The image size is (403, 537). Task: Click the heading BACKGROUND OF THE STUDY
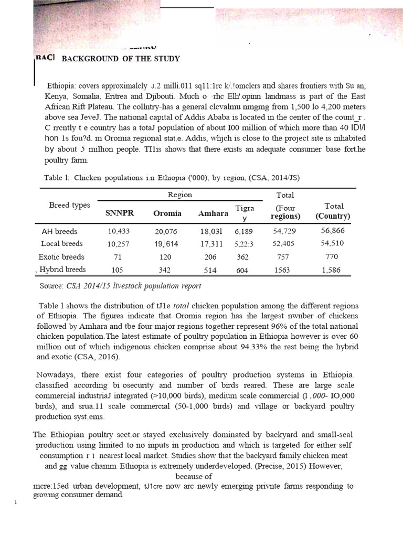click(121, 58)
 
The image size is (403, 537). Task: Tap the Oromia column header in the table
click(167, 213)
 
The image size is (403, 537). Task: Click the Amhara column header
click(213, 213)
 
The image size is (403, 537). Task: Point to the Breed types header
click(69, 205)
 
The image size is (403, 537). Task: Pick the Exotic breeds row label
click(61, 257)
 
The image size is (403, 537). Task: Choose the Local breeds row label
click(62, 244)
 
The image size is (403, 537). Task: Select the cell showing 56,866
click(333, 231)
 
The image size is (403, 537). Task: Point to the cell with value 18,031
click(213, 231)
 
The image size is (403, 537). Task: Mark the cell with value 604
click(242, 270)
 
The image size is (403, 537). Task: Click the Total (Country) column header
click(333, 211)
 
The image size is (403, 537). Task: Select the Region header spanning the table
click(179, 195)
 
